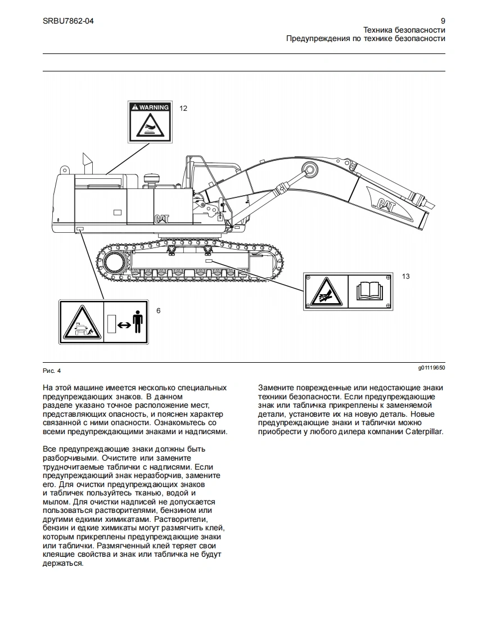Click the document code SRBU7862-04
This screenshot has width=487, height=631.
coord(68,21)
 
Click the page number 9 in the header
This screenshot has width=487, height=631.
coord(443,21)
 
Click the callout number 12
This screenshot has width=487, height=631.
coord(183,108)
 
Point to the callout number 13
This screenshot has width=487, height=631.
coord(405,276)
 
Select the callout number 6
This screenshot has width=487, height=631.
coord(158,310)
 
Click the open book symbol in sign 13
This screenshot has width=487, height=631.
coord(369,291)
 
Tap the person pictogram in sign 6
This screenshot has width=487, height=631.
coord(138,322)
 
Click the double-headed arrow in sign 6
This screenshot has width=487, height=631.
coord(124,324)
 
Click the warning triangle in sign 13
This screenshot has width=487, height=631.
coord(326,291)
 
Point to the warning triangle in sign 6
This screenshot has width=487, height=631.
coord(82,323)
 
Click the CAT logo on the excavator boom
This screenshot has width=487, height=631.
coord(387,205)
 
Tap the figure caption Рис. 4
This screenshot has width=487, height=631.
coord(51,371)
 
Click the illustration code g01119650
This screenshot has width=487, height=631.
coord(431,368)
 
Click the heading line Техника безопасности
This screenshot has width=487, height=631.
coord(404,30)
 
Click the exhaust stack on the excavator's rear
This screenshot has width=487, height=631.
coord(87,163)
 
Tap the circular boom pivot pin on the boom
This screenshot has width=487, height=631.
coord(309,168)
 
